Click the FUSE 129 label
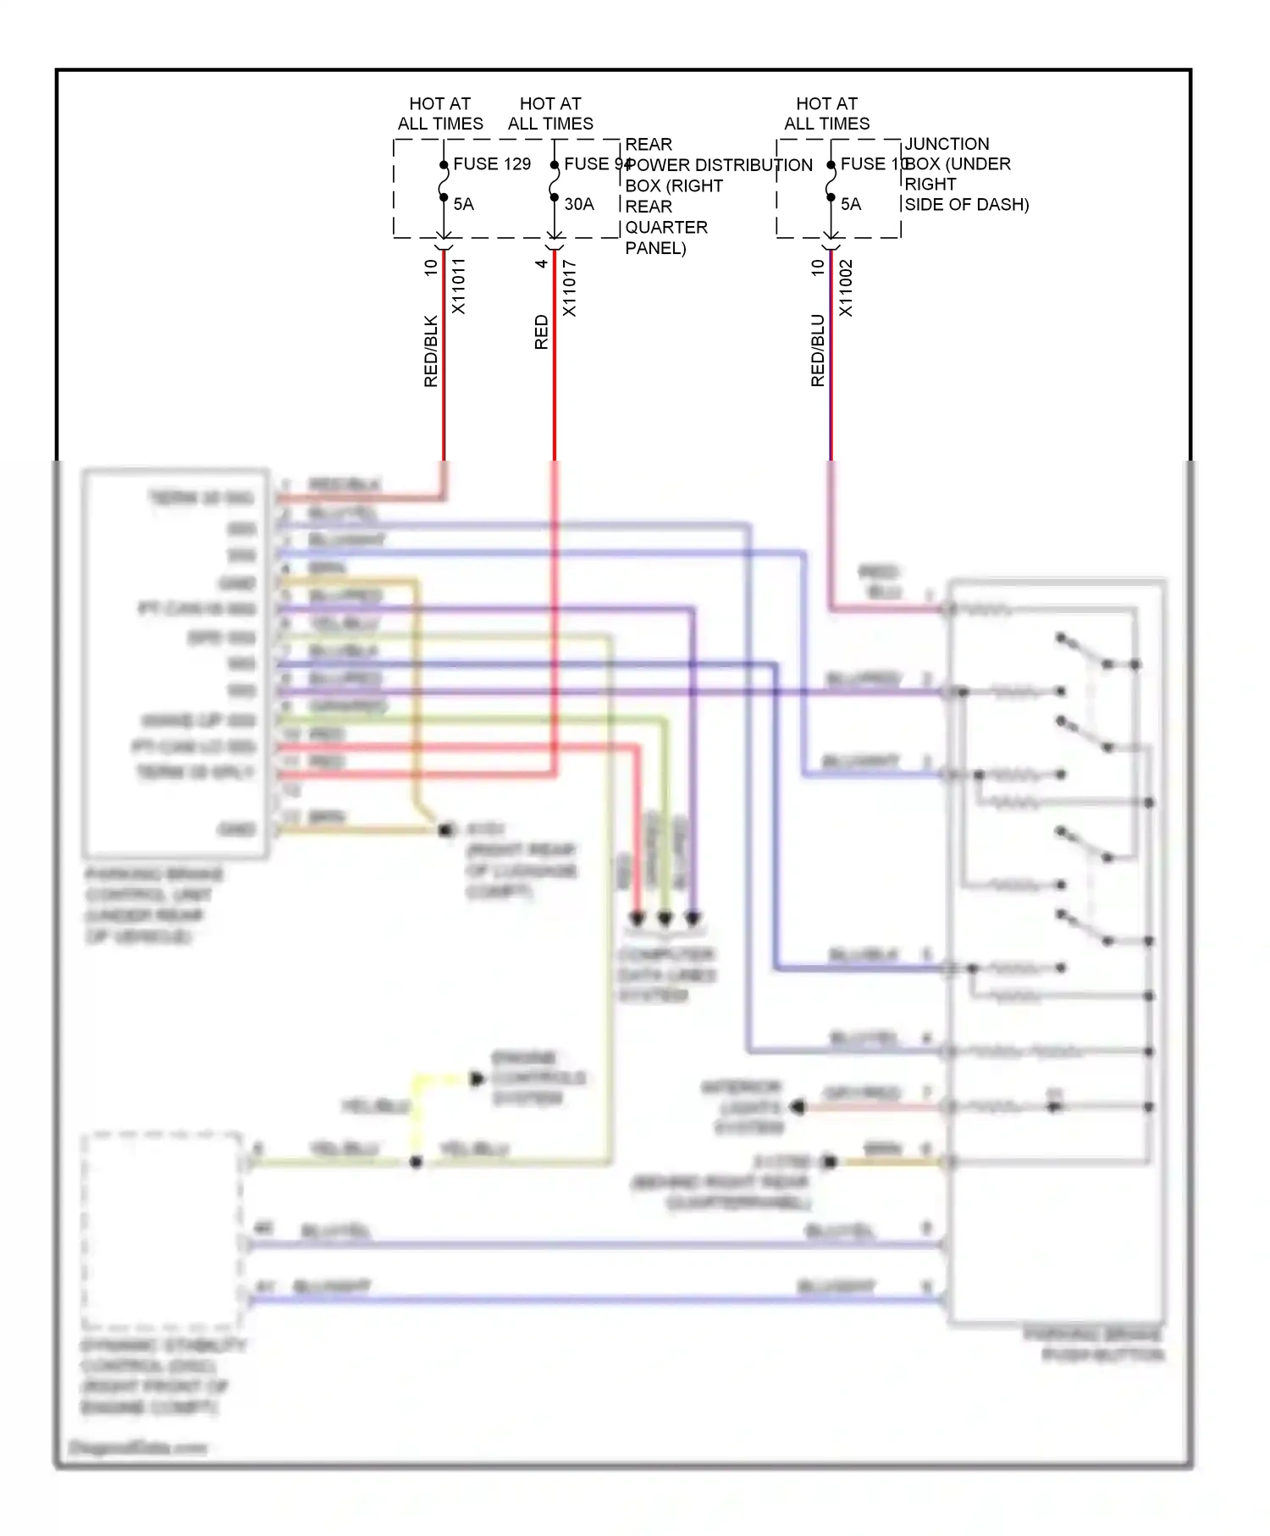(x=492, y=163)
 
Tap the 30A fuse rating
(x=579, y=204)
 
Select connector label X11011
(x=458, y=286)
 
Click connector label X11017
(x=569, y=288)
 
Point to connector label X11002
(x=845, y=288)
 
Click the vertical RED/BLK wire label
(x=431, y=351)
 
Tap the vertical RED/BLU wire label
(x=817, y=351)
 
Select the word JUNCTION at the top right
(x=947, y=144)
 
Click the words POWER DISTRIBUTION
(x=719, y=165)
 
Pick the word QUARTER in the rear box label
(x=666, y=227)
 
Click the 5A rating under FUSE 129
(x=463, y=204)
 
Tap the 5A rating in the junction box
(x=850, y=204)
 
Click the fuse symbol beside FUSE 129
(x=443, y=181)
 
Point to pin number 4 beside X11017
(x=541, y=263)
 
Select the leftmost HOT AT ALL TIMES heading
(x=440, y=113)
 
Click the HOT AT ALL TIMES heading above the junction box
(x=826, y=113)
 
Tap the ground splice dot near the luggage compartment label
(x=445, y=830)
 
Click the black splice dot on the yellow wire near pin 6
(x=416, y=1162)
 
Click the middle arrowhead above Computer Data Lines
(x=665, y=918)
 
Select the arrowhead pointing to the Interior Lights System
(x=796, y=1107)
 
